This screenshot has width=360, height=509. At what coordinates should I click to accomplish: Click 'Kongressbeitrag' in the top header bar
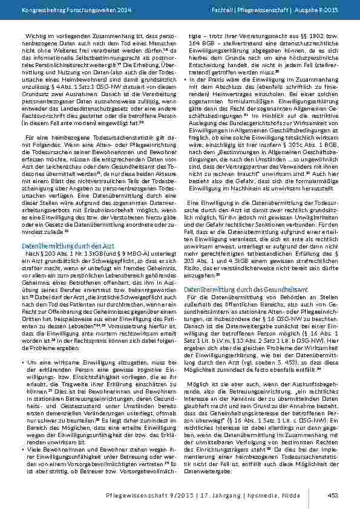[x=36, y=10]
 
